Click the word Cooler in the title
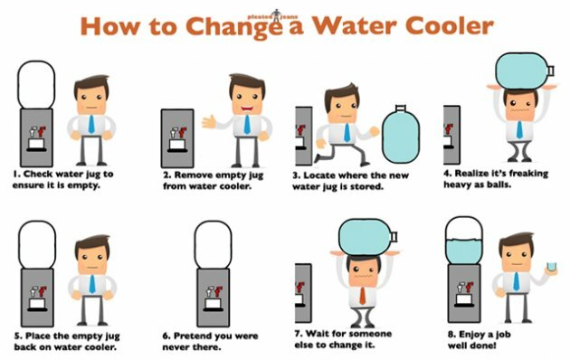click(x=450, y=25)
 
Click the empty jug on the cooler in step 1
click(x=36, y=85)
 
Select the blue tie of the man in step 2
click(x=247, y=125)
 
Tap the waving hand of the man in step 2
click(x=209, y=122)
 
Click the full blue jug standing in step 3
click(x=401, y=134)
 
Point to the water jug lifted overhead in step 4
click(x=525, y=71)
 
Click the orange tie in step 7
click(x=363, y=296)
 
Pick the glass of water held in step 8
click(x=552, y=267)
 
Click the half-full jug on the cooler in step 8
click(x=464, y=240)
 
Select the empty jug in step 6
click(x=213, y=245)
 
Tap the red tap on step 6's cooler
click(x=219, y=291)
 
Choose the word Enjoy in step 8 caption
click(x=472, y=335)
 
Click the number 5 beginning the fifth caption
click(x=16, y=336)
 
